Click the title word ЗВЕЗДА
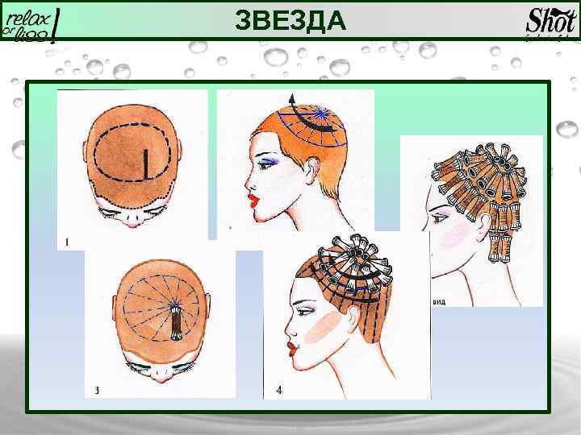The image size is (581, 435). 290,19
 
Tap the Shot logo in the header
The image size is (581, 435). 551,21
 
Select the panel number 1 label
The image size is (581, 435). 65,241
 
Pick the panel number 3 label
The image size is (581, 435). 96,391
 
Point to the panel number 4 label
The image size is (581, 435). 278,391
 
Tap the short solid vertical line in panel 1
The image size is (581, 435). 144,164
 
